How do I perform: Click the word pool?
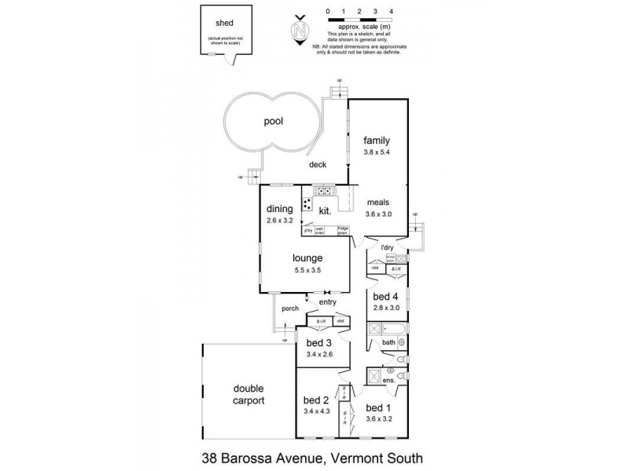[x=272, y=122]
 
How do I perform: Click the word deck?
[x=317, y=165]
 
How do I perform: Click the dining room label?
[x=279, y=209]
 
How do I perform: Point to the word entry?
[x=328, y=302]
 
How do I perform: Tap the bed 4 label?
[x=385, y=297]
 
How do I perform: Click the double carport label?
[x=248, y=394]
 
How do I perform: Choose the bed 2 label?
[x=314, y=399]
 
